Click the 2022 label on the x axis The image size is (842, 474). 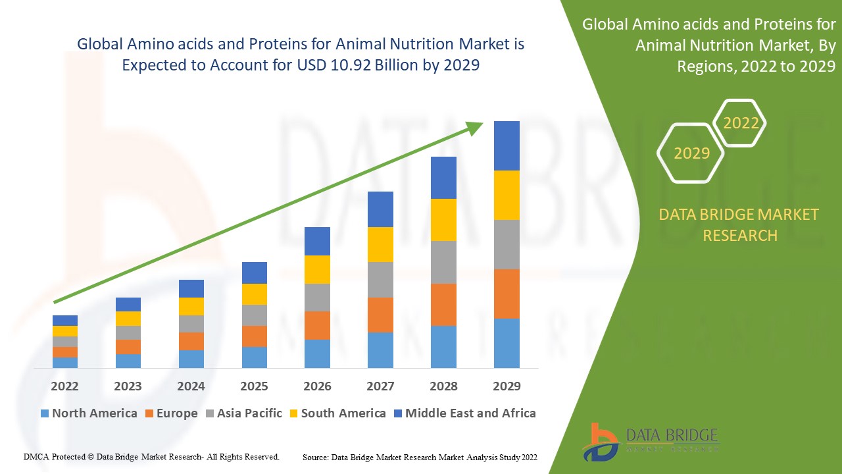pyautogui.click(x=64, y=386)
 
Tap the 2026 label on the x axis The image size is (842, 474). pyautogui.click(x=317, y=386)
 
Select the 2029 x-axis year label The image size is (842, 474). pyautogui.click(x=507, y=386)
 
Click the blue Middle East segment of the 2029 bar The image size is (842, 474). pyautogui.click(x=507, y=145)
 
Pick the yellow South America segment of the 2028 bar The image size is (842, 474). pyautogui.click(x=443, y=220)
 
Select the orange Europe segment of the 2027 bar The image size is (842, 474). pyautogui.click(x=380, y=315)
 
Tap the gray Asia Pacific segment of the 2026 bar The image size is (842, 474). pyautogui.click(x=317, y=298)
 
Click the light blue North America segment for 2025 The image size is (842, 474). pyautogui.click(x=254, y=357)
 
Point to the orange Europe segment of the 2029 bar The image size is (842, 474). pyautogui.click(x=507, y=294)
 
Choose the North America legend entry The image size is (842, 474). pyautogui.click(x=88, y=413)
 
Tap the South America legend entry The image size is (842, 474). pyautogui.click(x=337, y=413)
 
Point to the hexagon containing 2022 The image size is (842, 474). pyautogui.click(x=741, y=123)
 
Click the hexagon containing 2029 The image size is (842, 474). pyautogui.click(x=691, y=153)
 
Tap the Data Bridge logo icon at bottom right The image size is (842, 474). pyautogui.click(x=600, y=441)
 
